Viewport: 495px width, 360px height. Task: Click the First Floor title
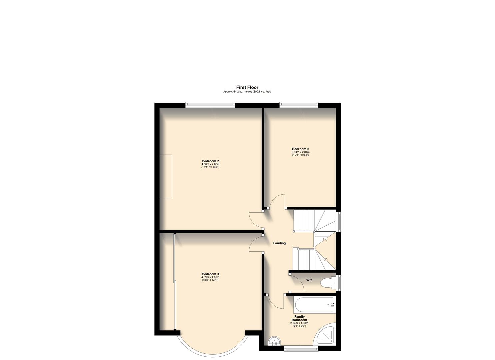coord(247,87)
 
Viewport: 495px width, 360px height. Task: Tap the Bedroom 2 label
coord(210,161)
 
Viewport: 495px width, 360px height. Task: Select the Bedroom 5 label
coord(300,149)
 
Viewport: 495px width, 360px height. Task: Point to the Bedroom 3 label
coord(210,274)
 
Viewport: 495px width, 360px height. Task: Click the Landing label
coord(279,243)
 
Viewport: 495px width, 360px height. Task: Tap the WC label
coord(309,280)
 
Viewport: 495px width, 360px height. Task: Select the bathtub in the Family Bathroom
coord(315,305)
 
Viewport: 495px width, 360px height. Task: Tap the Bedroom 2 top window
coord(210,105)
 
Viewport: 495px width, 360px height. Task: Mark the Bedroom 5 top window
coord(299,105)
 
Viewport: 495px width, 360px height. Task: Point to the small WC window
coord(339,282)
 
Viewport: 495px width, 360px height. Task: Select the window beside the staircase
coord(339,221)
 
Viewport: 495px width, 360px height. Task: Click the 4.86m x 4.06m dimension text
coord(210,164)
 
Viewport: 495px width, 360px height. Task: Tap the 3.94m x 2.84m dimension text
coord(300,152)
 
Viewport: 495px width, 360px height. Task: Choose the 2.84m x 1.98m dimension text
coord(299,323)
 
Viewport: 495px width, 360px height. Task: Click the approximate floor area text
coord(247,92)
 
